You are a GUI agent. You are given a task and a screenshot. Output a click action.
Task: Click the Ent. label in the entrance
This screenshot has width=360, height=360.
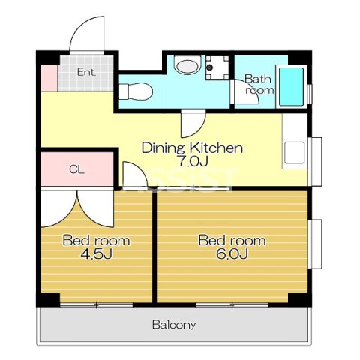click(x=86, y=72)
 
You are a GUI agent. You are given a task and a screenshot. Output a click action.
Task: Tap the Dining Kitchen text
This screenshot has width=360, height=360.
click(x=192, y=148)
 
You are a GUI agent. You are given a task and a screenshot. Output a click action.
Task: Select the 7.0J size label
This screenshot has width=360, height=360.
click(x=192, y=161)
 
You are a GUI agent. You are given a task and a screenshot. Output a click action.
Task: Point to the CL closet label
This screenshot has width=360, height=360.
click(x=76, y=169)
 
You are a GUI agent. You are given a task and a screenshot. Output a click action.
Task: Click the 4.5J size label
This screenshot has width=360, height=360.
click(x=97, y=253)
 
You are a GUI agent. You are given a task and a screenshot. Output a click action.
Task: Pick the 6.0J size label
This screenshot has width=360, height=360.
click(x=232, y=253)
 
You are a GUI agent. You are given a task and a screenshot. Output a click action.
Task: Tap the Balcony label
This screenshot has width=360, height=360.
click(x=174, y=325)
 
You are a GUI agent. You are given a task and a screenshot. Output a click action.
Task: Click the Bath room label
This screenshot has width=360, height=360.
click(x=259, y=84)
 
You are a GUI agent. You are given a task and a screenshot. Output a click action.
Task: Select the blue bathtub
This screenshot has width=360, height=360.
click(x=292, y=87)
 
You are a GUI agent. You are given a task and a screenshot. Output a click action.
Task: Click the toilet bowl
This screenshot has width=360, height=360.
click(x=136, y=91)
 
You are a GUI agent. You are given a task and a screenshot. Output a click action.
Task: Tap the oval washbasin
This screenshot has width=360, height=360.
click(x=188, y=65)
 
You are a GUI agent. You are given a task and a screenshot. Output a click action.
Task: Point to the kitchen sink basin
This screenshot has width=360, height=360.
click(x=295, y=153)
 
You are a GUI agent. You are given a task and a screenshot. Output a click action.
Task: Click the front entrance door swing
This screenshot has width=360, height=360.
click(x=87, y=35)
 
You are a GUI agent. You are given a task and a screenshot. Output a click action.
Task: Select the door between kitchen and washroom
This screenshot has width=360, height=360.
click(x=193, y=124)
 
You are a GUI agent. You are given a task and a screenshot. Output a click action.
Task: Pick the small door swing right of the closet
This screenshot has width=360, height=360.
click(x=135, y=175)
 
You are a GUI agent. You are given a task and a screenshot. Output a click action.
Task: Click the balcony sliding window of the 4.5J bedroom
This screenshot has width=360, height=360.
click(x=97, y=304)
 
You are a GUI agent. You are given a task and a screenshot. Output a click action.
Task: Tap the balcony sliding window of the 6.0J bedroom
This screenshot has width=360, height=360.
click(x=232, y=304)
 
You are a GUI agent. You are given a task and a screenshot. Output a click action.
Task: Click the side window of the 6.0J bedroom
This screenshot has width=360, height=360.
click(x=315, y=244)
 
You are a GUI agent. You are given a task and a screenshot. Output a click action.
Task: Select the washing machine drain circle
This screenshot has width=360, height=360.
click(x=210, y=67)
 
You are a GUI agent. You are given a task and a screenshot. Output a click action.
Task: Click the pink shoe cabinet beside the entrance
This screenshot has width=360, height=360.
click(x=49, y=78)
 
